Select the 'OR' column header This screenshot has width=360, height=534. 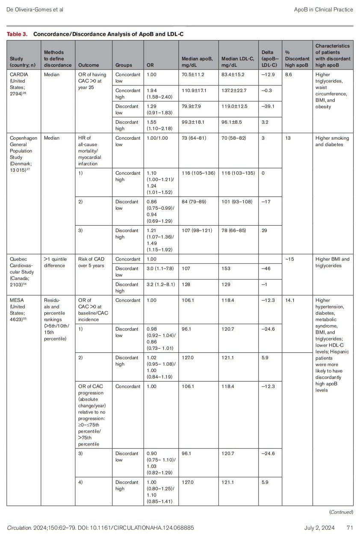150,65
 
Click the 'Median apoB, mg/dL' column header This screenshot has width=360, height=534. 197,62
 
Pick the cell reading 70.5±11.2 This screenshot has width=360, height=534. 193,75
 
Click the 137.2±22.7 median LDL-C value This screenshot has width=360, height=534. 234,91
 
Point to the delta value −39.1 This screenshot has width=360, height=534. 268,106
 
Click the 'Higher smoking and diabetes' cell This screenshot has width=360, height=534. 332,141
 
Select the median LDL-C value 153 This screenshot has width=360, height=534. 226,269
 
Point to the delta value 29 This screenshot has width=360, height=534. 265,230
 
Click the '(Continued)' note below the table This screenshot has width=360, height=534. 341,512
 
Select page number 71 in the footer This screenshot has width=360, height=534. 350,528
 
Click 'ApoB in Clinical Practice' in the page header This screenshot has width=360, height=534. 324,9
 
